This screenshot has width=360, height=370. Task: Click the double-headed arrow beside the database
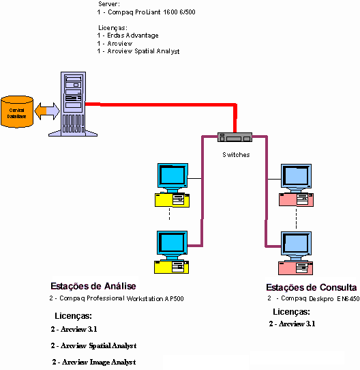pyautogui.click(x=46, y=109)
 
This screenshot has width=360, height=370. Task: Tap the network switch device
pyautogui.click(x=235, y=137)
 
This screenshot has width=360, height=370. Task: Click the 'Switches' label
pyautogui.click(x=236, y=155)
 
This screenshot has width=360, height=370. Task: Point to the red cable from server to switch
pyautogui.click(x=164, y=104)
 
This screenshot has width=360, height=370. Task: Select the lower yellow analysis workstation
pyautogui.click(x=172, y=251)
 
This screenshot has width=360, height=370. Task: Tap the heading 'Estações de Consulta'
pyautogui.click(x=310, y=287)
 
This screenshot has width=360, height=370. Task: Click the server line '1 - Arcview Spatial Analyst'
pyautogui.click(x=138, y=51)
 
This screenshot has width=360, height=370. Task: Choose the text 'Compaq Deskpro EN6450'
pyautogui.click(x=316, y=299)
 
